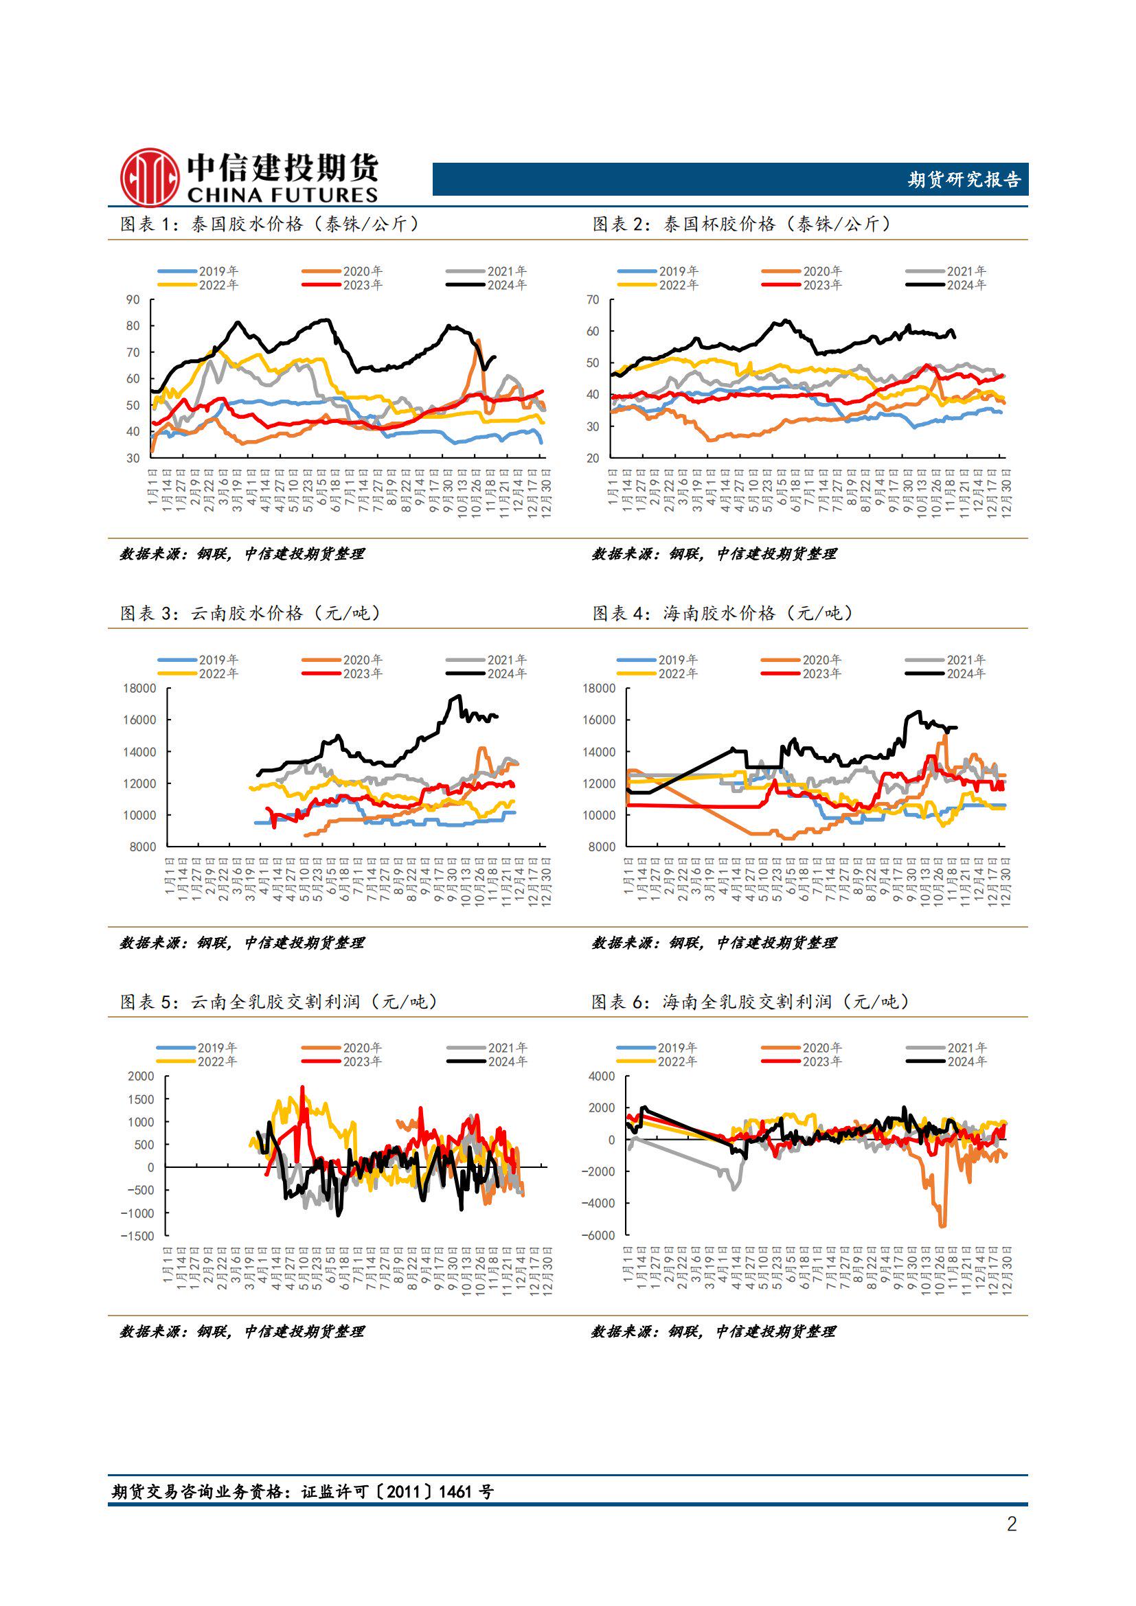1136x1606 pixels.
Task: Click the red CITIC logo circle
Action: [x=149, y=177]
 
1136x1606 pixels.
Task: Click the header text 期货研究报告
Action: [x=964, y=180]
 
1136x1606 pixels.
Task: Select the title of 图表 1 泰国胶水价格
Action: [x=269, y=224]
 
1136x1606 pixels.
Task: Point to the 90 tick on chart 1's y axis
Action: [x=133, y=299]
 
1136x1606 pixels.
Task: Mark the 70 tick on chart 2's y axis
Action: [x=593, y=299]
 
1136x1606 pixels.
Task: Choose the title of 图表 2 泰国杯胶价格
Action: [x=742, y=224]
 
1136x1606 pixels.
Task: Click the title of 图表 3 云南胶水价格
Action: [x=251, y=612]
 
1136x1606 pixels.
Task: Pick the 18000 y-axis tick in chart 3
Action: [x=140, y=688]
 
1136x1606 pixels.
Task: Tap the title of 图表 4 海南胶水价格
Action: [x=723, y=612]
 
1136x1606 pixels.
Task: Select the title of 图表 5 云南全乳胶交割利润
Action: [x=279, y=1002]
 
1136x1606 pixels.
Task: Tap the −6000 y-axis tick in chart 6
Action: [x=598, y=1235]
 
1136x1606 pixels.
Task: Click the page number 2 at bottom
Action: [x=1012, y=1524]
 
